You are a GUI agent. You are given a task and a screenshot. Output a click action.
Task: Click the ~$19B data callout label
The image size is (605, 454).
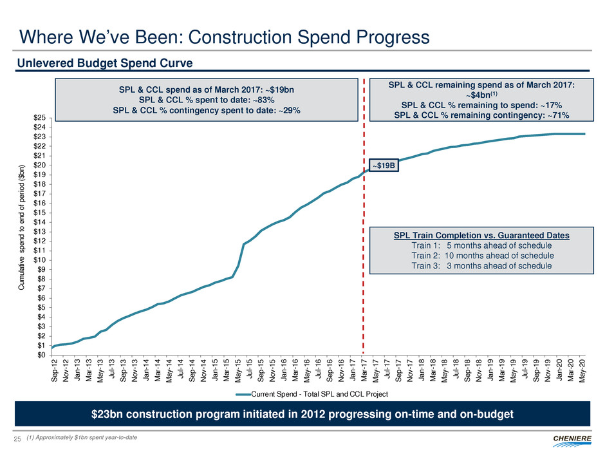click(383, 166)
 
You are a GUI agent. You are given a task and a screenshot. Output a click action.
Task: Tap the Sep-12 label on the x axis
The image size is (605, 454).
click(55, 368)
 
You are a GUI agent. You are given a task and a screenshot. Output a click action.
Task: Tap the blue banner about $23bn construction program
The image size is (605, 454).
click(302, 413)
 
